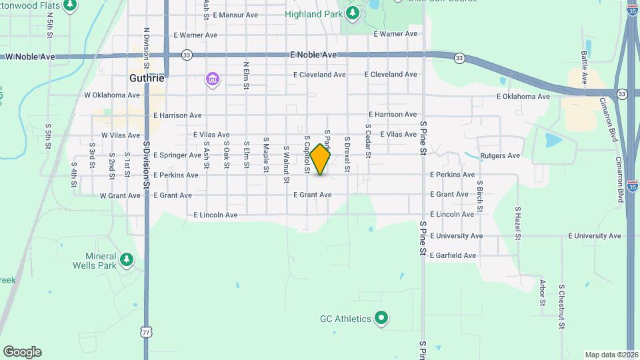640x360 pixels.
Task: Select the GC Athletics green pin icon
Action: point(381,319)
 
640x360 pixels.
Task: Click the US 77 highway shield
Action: point(146,331)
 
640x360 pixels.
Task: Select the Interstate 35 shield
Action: point(632,183)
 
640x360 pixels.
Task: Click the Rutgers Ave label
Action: point(500,156)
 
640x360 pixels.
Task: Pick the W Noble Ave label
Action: point(30,57)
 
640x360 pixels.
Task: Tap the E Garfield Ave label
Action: point(453,255)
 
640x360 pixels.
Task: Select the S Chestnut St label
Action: point(562,307)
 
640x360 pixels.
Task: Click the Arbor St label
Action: point(542,293)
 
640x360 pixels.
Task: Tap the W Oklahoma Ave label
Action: point(113,95)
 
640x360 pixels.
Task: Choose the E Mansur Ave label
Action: point(235,15)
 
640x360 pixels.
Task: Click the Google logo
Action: point(22,352)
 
